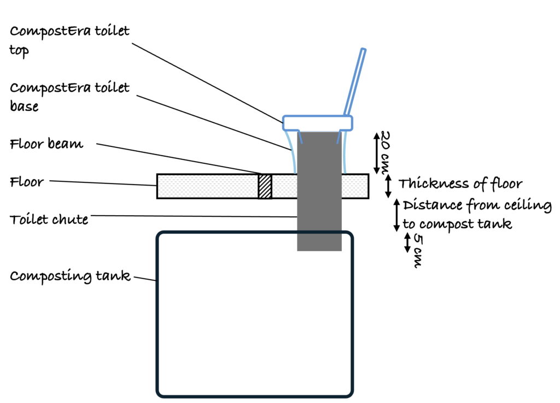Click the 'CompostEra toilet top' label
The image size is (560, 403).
tap(70, 39)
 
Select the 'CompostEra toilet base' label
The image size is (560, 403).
tap(70, 96)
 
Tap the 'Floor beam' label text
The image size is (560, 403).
tap(46, 145)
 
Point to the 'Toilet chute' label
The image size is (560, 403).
tap(49, 220)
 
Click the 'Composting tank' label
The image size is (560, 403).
tap(70, 276)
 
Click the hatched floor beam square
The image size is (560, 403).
tap(265, 186)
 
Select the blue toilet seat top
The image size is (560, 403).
tap(317, 123)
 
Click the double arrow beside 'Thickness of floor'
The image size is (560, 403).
tap(388, 186)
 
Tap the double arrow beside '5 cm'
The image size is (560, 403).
tap(407, 242)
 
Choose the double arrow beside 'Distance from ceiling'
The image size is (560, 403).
tap(398, 215)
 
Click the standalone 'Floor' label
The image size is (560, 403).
tap(26, 182)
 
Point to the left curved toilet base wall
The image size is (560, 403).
tap(290, 150)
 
